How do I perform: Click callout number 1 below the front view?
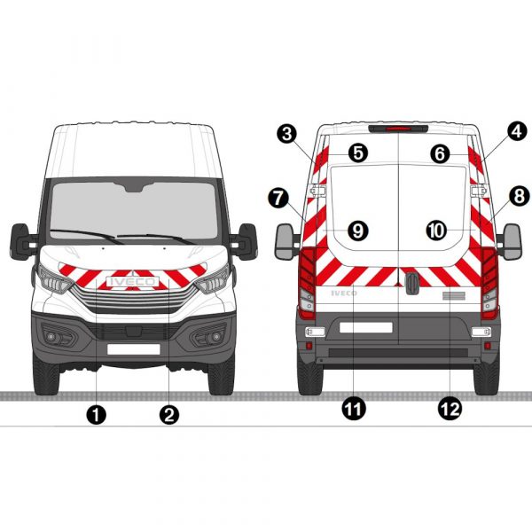(97, 414)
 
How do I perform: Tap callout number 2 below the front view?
(169, 414)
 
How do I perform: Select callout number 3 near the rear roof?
(287, 134)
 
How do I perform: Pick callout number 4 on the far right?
(517, 131)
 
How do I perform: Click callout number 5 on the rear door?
(358, 153)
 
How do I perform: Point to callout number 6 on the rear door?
(440, 154)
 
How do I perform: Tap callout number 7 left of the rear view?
(278, 198)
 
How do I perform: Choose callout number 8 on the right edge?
(520, 196)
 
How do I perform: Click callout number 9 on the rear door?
(358, 231)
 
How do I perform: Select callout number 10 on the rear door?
(436, 231)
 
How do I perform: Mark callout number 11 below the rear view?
(354, 409)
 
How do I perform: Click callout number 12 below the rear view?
(450, 409)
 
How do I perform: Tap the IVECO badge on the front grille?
(133, 282)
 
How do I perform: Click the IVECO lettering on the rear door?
(344, 293)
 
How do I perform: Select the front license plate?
(133, 349)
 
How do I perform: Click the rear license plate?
(366, 327)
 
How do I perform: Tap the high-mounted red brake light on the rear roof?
(398, 129)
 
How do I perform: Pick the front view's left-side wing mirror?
(20, 241)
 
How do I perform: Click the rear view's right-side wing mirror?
(512, 241)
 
